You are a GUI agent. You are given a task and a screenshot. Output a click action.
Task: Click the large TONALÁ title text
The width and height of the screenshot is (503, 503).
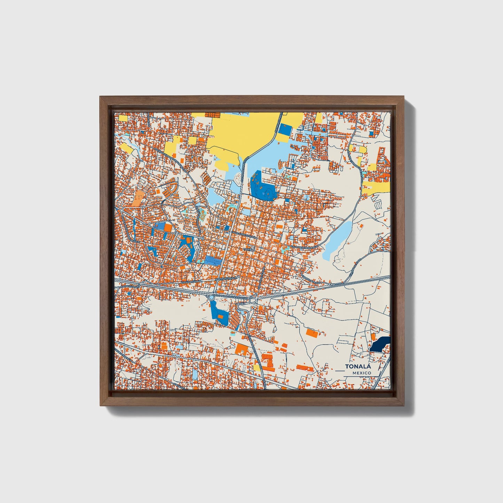358,367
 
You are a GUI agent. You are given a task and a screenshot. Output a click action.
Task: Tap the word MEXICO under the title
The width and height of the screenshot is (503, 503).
361,373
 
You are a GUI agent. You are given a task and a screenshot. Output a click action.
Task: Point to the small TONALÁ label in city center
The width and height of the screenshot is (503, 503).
249,250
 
